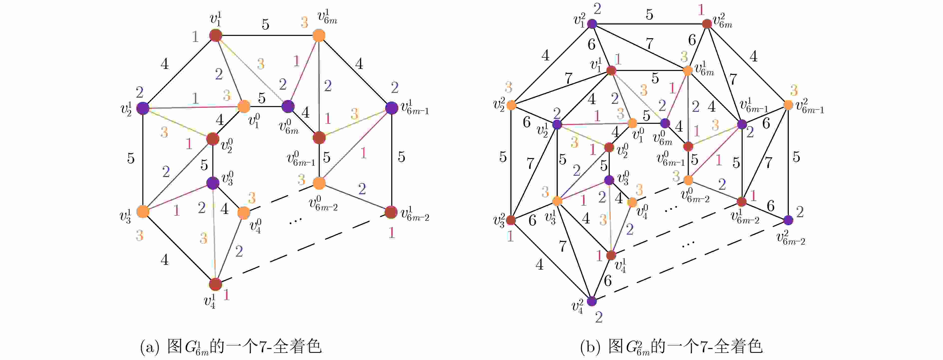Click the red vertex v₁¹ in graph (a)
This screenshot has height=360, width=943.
click(216, 35)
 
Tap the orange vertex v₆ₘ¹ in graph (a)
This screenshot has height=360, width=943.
click(319, 35)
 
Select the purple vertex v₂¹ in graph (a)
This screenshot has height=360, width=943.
click(143, 108)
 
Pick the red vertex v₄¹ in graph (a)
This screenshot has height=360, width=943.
click(216, 284)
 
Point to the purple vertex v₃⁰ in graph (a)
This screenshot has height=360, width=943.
click(213, 183)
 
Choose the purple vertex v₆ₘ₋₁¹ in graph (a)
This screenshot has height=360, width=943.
click(391, 108)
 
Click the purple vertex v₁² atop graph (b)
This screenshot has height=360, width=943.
click(592, 24)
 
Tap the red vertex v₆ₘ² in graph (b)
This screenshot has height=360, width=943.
click(707, 24)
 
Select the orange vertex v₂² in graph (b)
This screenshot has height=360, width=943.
click(511, 105)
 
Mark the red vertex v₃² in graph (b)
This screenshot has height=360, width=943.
click(511, 220)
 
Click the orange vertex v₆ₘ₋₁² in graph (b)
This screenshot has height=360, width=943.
click(788, 105)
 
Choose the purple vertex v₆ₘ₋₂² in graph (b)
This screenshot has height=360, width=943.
click(788, 220)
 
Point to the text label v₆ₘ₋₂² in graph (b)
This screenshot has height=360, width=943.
click(791, 238)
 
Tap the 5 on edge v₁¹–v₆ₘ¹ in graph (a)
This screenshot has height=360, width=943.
click(265, 24)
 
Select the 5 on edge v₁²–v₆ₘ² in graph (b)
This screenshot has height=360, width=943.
click(649, 15)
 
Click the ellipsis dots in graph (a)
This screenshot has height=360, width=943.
click(295, 220)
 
